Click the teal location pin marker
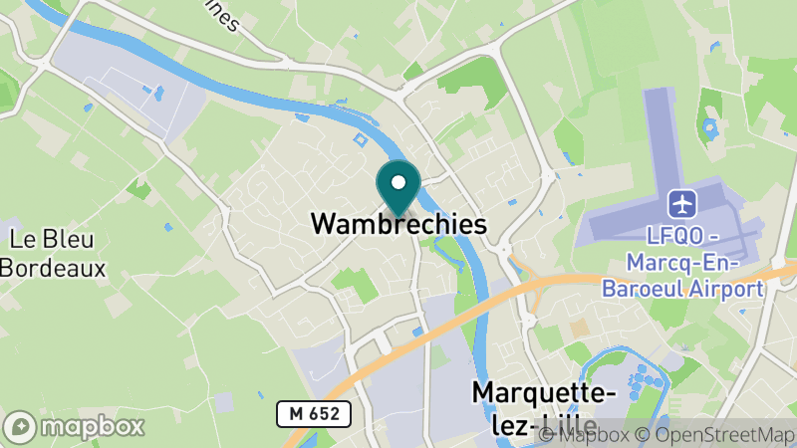pos(398,188)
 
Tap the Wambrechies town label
pos(398,224)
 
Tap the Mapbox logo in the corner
pos(75,426)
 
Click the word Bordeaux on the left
pos(52,267)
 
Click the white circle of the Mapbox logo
pos(21,426)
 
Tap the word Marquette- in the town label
pos(544,394)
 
